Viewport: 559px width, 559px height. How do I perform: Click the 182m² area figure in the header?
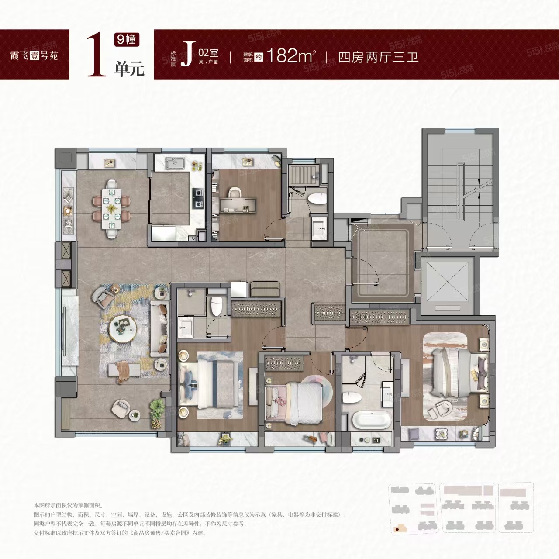point(291,56)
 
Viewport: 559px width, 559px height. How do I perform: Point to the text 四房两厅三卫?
point(378,57)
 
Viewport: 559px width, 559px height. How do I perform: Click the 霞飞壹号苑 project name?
point(34,55)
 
